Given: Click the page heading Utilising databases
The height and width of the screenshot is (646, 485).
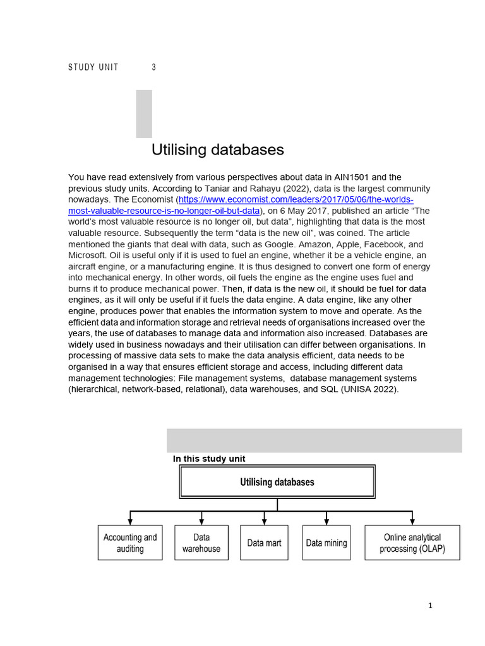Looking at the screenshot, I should pyautogui.click(x=217, y=150).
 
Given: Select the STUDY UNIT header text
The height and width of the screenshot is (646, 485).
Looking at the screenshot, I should pyautogui.click(x=93, y=68).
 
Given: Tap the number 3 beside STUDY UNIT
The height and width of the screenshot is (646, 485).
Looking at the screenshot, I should pyautogui.click(x=153, y=68).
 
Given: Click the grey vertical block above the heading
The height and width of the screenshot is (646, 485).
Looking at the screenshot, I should pyautogui.click(x=144, y=114).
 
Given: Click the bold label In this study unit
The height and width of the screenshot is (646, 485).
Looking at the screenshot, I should pyautogui.click(x=209, y=459).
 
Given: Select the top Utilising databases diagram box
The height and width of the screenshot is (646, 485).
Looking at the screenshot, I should pyautogui.click(x=277, y=483).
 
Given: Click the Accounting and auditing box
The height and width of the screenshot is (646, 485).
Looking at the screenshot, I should pyautogui.click(x=130, y=543).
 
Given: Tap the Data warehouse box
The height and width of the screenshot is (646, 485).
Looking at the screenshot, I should pyautogui.click(x=201, y=543).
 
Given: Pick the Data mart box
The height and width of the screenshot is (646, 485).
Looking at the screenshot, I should pyautogui.click(x=264, y=543).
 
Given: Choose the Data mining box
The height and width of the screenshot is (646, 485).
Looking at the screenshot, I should pyautogui.click(x=326, y=543).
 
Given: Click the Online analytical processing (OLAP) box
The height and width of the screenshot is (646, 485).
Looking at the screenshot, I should pyautogui.click(x=412, y=543).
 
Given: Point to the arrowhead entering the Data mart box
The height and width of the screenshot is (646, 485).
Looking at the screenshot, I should pyautogui.click(x=264, y=522).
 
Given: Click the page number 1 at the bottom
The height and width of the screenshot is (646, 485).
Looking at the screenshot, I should pyautogui.click(x=430, y=606).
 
